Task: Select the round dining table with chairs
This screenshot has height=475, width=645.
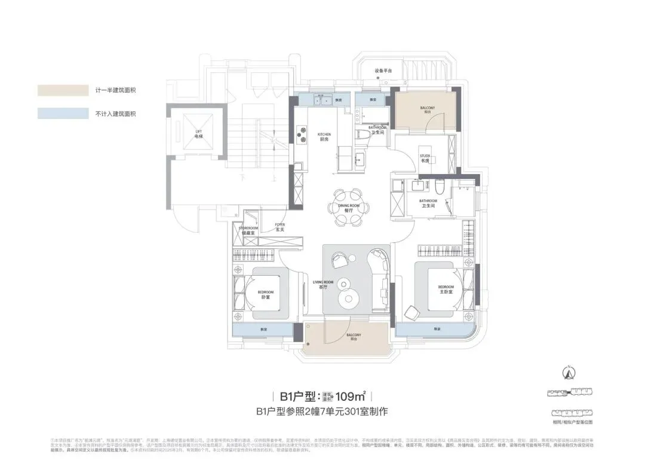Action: (x=346, y=207)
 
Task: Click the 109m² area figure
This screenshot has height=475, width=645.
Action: (x=351, y=396)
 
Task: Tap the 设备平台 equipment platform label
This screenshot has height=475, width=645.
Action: (x=383, y=71)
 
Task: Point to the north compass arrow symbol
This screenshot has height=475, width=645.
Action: (x=569, y=373)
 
